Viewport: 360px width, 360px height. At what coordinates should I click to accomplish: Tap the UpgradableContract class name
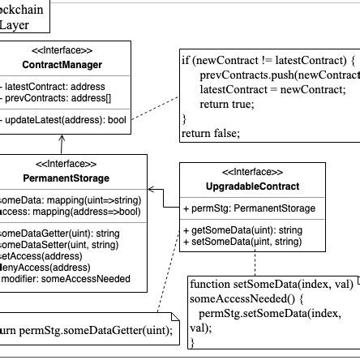tap(252, 186)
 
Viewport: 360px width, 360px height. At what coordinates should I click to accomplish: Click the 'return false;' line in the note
tap(210, 133)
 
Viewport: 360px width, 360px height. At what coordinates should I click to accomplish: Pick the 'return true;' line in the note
tap(227, 104)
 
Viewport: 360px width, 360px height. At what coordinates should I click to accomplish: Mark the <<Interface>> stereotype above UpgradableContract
tap(252, 173)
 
